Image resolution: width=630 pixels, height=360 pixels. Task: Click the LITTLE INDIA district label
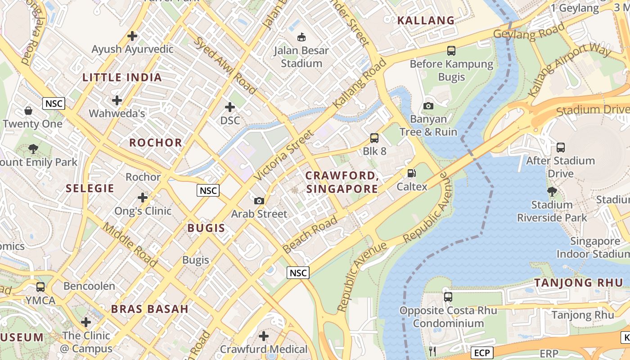pyautogui.click(x=122, y=77)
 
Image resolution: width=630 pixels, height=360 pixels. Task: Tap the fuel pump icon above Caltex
pyautogui.click(x=411, y=173)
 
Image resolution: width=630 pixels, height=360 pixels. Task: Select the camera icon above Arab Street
pyautogui.click(x=259, y=201)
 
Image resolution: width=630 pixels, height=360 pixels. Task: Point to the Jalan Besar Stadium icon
pyautogui.click(x=301, y=37)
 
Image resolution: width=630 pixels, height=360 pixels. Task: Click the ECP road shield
pyautogui.click(x=482, y=352)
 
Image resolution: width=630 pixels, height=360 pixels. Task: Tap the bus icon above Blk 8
pyautogui.click(x=374, y=138)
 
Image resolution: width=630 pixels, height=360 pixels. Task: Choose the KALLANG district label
pyautogui.click(x=426, y=20)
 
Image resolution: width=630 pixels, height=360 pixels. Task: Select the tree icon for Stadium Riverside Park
pyautogui.click(x=552, y=192)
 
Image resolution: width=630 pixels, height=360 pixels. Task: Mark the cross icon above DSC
pyautogui.click(x=230, y=107)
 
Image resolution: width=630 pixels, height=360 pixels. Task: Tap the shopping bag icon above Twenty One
pyautogui.click(x=28, y=110)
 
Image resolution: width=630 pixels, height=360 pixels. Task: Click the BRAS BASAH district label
pyautogui.click(x=150, y=309)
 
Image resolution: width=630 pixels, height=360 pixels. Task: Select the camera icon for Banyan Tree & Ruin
pyautogui.click(x=428, y=106)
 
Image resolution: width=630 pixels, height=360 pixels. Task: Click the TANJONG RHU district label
pyautogui.click(x=579, y=283)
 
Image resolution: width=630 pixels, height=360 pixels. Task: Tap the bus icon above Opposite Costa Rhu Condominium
pyautogui.click(x=448, y=297)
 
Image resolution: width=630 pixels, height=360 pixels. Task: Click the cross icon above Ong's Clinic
pyautogui.click(x=143, y=198)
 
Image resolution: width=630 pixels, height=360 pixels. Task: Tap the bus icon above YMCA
pyautogui.click(x=40, y=287)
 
